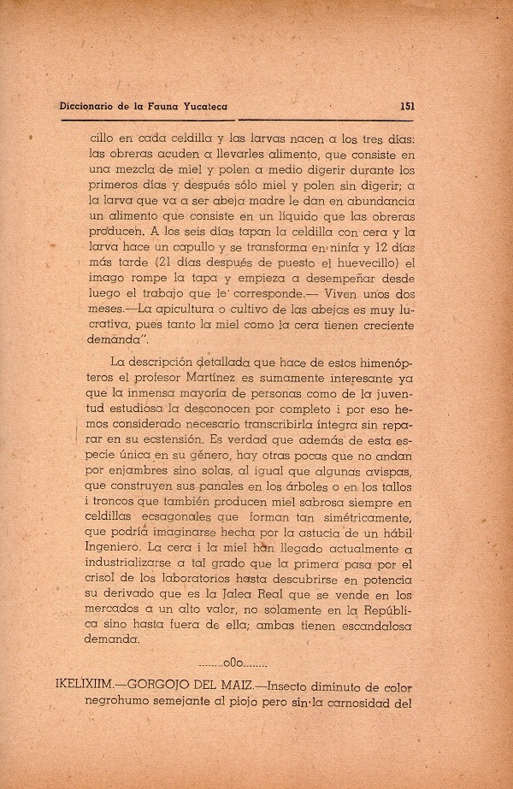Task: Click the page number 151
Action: (407, 108)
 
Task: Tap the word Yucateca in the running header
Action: (205, 108)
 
